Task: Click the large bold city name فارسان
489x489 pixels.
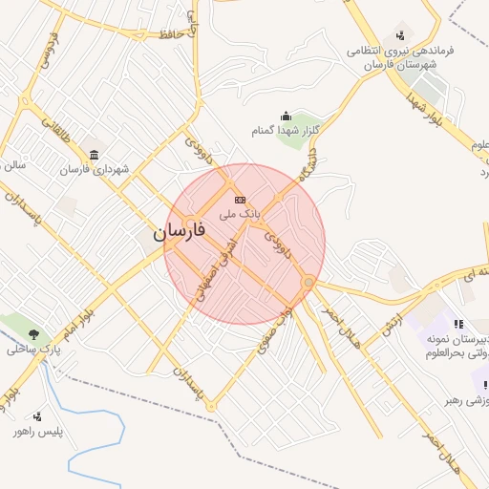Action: tap(183, 231)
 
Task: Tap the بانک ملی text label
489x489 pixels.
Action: tap(240, 215)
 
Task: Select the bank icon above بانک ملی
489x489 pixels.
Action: tap(240, 199)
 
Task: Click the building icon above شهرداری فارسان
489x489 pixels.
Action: tap(94, 155)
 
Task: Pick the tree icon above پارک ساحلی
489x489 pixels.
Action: tap(34, 334)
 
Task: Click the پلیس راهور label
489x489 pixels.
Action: tap(37, 432)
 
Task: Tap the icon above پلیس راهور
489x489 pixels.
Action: tap(37, 416)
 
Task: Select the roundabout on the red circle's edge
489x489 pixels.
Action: tap(308, 283)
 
